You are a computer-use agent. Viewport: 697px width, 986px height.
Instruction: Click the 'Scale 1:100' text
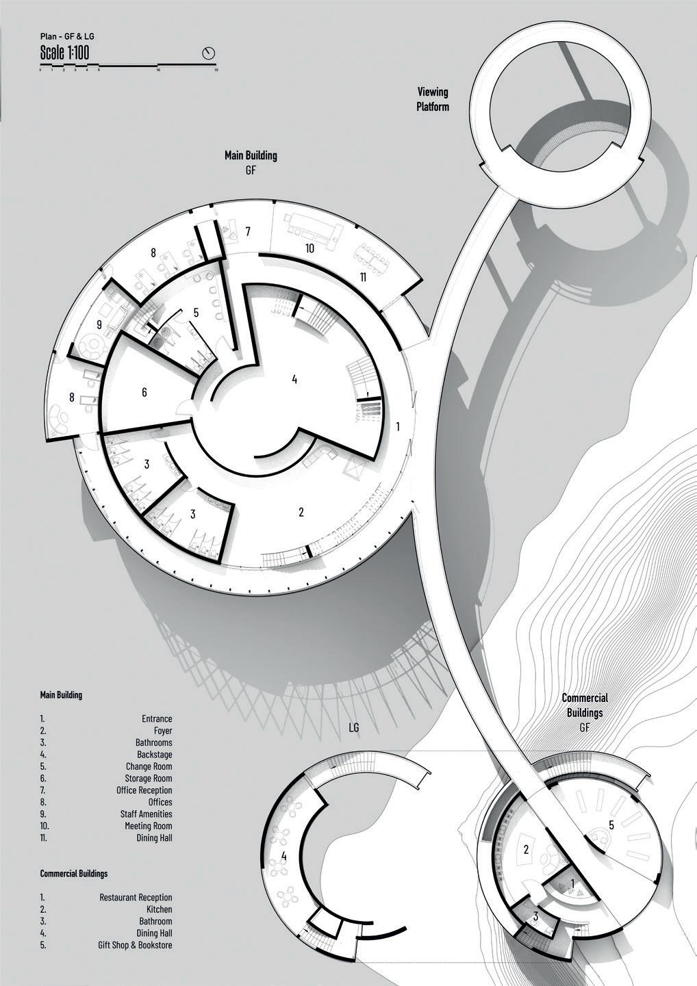64,52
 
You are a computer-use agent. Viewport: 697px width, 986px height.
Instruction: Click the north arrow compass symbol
209,53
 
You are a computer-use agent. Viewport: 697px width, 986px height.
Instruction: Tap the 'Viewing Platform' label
433,99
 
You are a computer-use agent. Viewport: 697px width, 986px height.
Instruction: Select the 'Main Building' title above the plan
251,156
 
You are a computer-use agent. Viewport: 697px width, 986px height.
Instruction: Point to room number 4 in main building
294,379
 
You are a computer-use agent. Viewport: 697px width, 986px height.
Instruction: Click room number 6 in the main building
144,393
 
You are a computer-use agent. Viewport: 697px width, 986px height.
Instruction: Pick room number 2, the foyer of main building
301,512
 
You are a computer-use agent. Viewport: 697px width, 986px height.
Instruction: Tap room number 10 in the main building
309,249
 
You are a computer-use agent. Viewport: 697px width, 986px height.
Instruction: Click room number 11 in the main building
363,276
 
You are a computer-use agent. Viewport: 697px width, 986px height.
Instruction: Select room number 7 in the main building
249,231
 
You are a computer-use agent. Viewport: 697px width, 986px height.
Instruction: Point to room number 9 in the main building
99,324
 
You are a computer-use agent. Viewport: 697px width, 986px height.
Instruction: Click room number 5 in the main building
196,313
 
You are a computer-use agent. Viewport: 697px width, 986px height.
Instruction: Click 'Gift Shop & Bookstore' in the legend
135,945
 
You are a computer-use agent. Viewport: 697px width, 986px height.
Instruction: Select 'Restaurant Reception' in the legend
136,897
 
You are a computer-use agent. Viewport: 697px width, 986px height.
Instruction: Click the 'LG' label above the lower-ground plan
353,728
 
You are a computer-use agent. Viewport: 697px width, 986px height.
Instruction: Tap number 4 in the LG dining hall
284,856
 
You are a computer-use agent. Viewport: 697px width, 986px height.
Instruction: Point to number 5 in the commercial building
611,825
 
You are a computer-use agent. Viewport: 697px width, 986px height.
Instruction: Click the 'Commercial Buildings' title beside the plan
585,705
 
